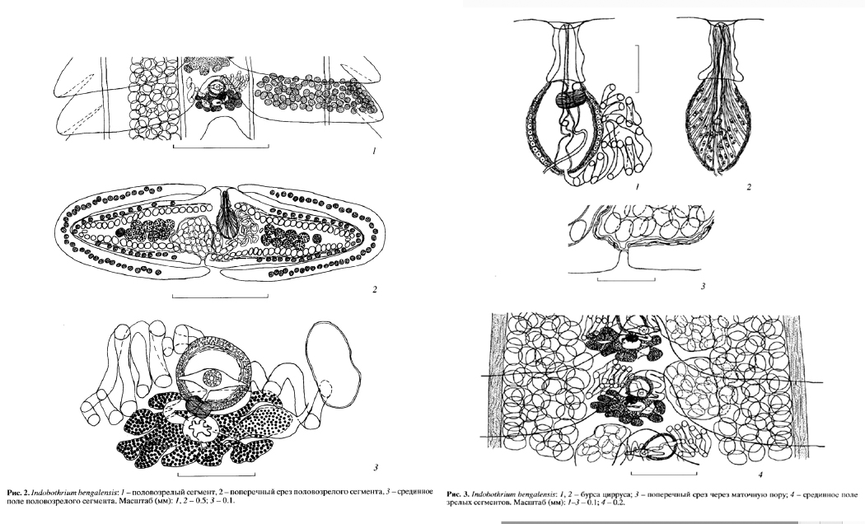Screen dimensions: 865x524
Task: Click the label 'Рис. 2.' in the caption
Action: (17, 492)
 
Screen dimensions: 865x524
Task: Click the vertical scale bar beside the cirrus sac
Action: (638, 68)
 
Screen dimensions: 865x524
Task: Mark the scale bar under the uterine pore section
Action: (626, 279)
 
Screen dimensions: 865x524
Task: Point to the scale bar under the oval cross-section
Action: (220, 297)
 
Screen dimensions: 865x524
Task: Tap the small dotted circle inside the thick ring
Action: (212, 378)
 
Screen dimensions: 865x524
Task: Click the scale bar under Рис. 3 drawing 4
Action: (664, 473)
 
